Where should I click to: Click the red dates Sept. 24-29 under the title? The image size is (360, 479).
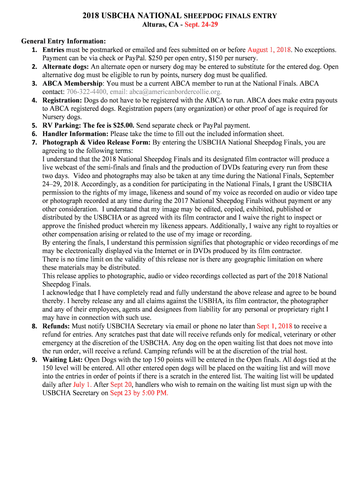201,24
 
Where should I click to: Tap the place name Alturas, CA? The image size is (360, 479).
160,24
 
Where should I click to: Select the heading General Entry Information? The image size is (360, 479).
64,41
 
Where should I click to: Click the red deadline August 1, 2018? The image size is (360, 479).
269,50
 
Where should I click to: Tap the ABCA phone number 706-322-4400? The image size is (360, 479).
86,92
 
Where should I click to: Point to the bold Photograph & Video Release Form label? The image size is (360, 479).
97,142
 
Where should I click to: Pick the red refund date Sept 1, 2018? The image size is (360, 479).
274,327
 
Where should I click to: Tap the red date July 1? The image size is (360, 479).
82,385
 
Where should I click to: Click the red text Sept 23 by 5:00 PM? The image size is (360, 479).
139,393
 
